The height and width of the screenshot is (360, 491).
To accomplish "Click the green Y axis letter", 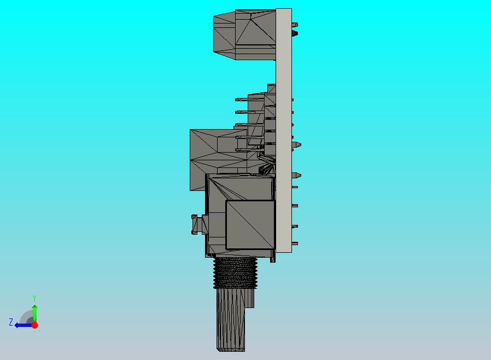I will (x=34, y=298).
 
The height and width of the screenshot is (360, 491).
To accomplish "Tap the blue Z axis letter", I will (x=10, y=322).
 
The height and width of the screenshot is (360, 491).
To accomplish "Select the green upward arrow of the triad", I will (x=34, y=312).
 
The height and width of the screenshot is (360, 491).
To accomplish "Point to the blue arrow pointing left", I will (x=22, y=325).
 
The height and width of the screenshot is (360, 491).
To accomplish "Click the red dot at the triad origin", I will (x=34, y=325).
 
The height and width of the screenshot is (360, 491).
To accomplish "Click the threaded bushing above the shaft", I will (x=236, y=272).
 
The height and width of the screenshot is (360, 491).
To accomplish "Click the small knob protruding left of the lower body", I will (x=197, y=224).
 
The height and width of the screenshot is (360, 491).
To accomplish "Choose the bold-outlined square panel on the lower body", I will (x=250, y=224).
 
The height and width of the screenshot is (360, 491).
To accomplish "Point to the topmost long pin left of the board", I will (x=242, y=100).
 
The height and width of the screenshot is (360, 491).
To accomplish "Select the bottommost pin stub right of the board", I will (x=295, y=243).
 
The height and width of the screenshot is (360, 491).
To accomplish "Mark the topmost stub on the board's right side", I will (x=295, y=25).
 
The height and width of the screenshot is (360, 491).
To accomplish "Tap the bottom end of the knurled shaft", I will (x=231, y=348).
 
